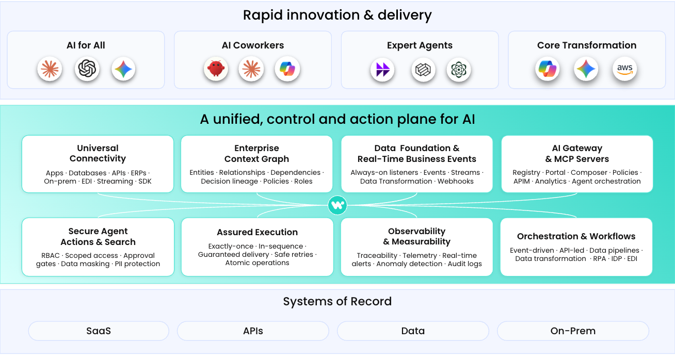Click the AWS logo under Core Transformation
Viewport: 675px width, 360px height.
625,69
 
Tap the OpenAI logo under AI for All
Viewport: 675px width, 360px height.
87,69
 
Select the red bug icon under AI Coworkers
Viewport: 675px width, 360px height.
216,69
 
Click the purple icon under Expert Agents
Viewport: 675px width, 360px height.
382,69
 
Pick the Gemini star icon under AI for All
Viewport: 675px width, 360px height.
123,69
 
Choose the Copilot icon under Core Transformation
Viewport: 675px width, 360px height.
547,69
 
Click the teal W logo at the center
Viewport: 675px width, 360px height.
337,205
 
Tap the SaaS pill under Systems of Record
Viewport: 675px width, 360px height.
99,331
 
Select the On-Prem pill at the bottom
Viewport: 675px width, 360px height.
573,331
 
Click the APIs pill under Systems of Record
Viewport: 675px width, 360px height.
253,331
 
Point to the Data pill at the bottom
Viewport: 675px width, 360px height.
413,331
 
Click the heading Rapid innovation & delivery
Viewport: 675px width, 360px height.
337,15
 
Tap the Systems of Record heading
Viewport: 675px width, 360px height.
337,302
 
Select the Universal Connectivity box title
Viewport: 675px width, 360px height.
98,153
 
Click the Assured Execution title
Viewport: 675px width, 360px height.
257,232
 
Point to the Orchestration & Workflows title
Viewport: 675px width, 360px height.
576,236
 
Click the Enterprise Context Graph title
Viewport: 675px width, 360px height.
256,154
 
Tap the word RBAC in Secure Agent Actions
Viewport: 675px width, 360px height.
51,256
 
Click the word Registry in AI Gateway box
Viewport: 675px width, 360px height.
526,173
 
